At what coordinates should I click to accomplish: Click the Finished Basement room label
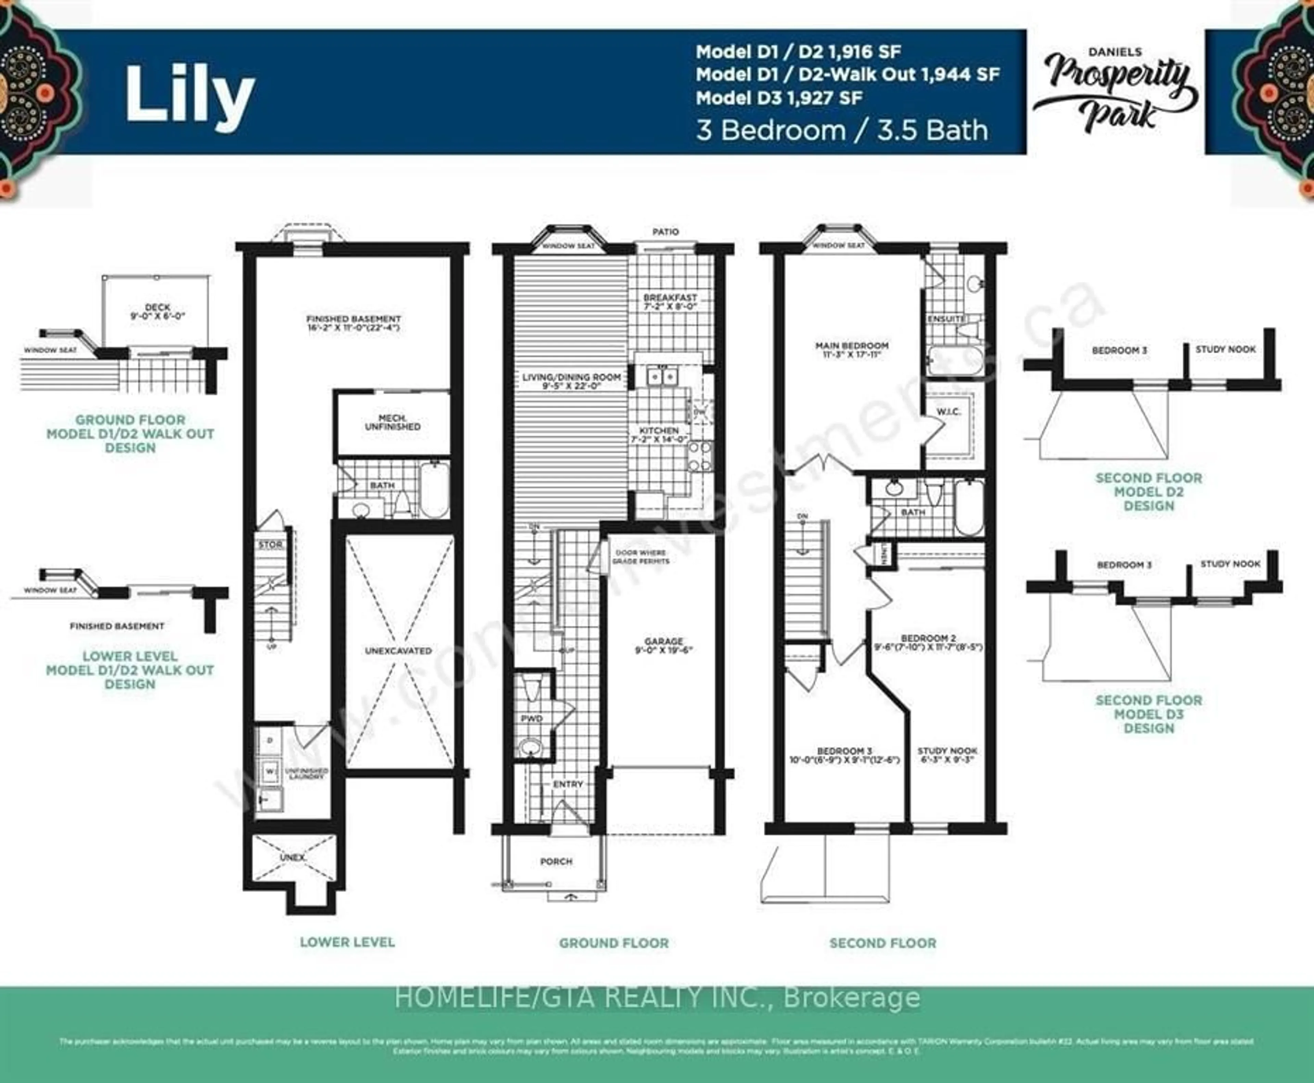point(353,322)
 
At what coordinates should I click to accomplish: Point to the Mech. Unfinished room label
point(392,422)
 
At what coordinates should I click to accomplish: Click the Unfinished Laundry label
point(306,774)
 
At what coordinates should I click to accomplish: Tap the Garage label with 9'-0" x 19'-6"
point(664,646)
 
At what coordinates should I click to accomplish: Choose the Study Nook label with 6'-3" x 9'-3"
point(947,755)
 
